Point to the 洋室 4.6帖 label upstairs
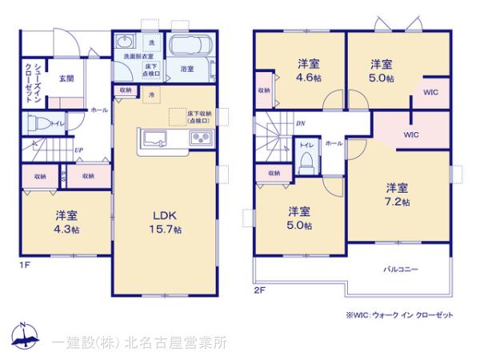(x=310, y=70)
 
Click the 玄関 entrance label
(x=66, y=78)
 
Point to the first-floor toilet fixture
(x=38, y=125)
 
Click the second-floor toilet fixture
(x=305, y=162)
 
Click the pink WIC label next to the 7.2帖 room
(x=410, y=134)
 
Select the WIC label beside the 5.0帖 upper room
(x=431, y=93)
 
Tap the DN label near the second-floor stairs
(x=300, y=124)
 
